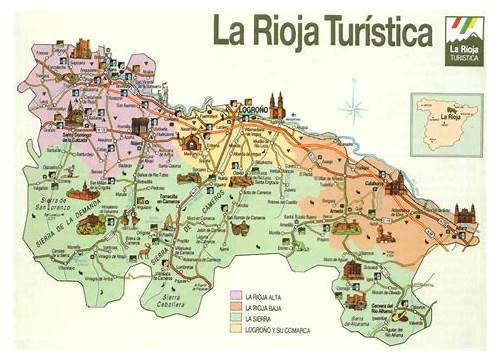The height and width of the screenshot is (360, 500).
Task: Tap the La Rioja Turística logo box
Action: click(465, 37)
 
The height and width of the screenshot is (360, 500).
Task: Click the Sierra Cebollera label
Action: click(176, 299)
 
